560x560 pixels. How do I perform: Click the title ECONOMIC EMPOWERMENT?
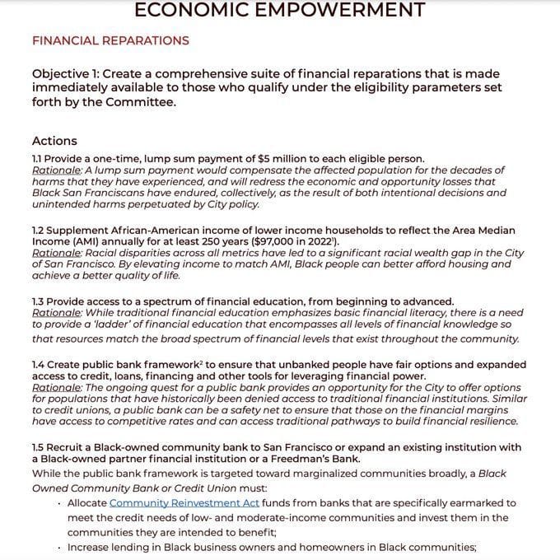point(279,10)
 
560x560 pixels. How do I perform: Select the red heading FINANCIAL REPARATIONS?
point(110,40)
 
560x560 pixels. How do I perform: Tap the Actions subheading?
point(54,141)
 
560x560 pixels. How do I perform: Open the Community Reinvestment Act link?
point(184,503)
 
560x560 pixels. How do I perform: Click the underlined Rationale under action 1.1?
point(56,170)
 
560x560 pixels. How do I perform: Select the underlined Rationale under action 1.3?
point(56,314)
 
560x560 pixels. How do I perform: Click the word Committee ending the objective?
point(145,103)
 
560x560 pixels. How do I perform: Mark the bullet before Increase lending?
point(59,548)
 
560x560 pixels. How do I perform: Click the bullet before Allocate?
point(59,503)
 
